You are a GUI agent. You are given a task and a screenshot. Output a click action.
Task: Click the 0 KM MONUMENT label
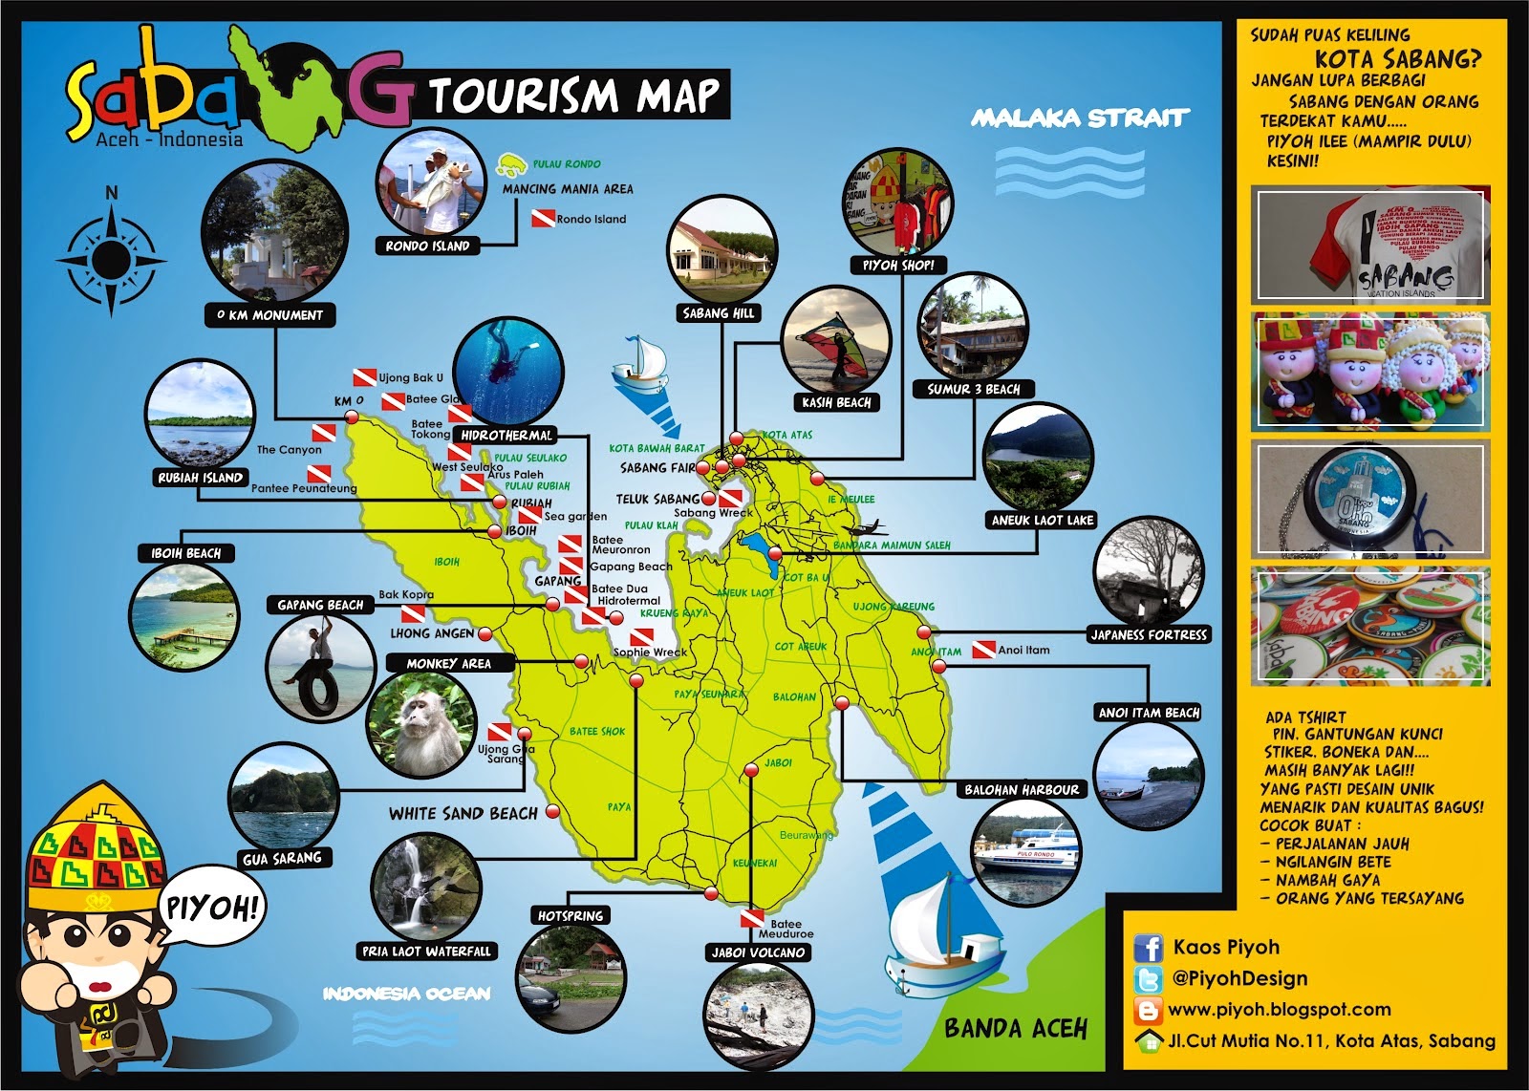tap(269, 315)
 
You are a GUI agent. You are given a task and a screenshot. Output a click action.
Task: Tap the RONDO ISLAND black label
tap(427, 246)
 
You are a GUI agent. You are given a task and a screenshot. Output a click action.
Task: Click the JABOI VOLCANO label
tap(759, 952)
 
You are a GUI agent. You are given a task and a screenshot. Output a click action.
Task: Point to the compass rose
tap(112, 258)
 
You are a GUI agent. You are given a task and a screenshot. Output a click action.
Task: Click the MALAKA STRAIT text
tap(1080, 118)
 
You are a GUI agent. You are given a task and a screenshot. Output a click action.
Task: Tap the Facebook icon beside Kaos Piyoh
tap(1148, 949)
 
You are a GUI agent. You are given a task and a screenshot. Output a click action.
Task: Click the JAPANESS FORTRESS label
tap(1149, 634)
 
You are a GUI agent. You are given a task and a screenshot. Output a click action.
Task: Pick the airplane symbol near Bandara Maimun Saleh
tap(864, 530)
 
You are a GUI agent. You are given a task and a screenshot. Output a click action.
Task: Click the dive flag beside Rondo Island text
tap(543, 219)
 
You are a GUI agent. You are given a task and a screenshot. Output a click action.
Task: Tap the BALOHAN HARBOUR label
tap(1022, 790)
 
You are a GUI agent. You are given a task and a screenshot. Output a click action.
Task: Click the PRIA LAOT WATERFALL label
tap(426, 952)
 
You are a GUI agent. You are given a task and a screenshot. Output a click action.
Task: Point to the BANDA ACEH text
tap(1016, 1028)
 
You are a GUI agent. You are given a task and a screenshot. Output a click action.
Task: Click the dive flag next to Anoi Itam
tap(983, 650)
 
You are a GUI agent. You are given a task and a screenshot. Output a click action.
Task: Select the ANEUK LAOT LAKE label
tap(1042, 521)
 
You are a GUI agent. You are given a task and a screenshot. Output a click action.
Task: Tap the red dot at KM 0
tap(351, 417)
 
